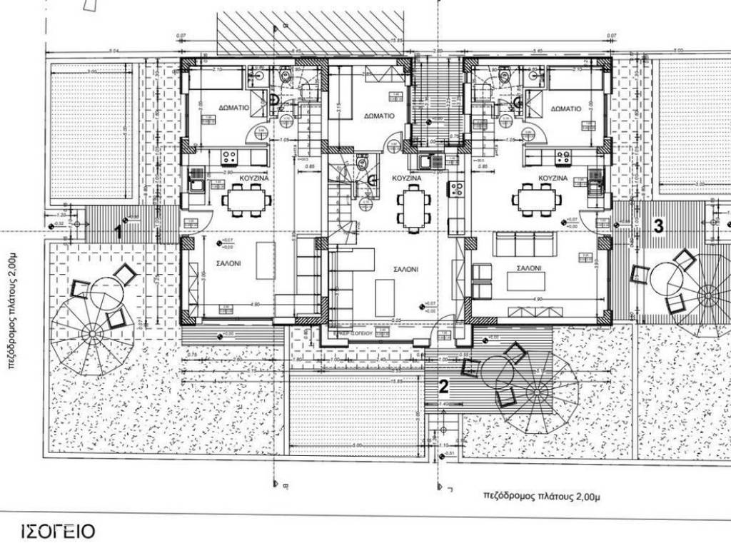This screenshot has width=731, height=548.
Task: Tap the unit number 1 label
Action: [x=119, y=230]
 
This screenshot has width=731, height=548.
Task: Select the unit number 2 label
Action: [x=444, y=387]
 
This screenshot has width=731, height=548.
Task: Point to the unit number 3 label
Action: [x=658, y=225]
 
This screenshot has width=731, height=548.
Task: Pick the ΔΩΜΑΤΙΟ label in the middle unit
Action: [x=379, y=116]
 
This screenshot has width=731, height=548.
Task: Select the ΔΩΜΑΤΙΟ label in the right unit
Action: [x=566, y=108]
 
